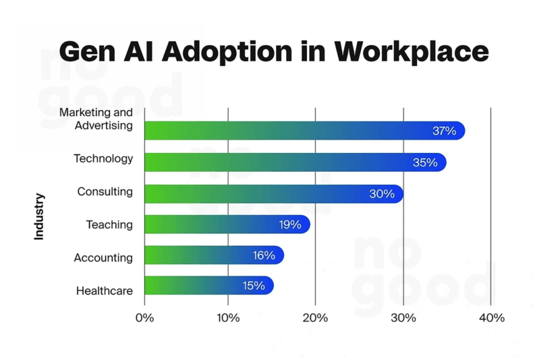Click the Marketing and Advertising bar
(x=304, y=131)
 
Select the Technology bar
(x=295, y=162)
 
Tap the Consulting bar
(x=273, y=193)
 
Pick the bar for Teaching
(x=227, y=224)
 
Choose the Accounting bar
(x=214, y=255)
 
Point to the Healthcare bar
(x=208, y=285)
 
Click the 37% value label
(x=444, y=131)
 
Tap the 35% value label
(x=425, y=162)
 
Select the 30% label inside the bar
(x=381, y=193)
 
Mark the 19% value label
(x=289, y=224)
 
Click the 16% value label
(x=263, y=255)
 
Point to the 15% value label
(x=254, y=285)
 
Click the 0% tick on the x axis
(x=144, y=318)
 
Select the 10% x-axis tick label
(x=228, y=318)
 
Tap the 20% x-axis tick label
(x=315, y=318)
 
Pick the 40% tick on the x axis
(x=490, y=318)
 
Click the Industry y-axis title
(x=39, y=216)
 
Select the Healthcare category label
(x=105, y=291)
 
